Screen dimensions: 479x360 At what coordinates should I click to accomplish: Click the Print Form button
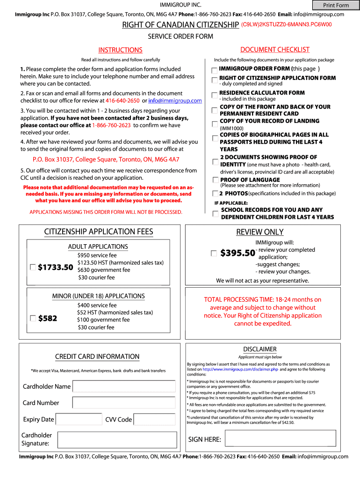(336, 5)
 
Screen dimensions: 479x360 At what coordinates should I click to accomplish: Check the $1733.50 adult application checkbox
(33, 267)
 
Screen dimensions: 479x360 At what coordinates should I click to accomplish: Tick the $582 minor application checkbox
(33, 318)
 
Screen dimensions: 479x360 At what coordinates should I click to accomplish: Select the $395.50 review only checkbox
(214, 253)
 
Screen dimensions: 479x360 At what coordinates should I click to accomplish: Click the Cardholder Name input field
(124, 386)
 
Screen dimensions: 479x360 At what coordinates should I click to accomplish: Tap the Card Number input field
(124, 403)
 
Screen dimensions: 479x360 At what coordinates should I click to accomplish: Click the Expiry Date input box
(79, 420)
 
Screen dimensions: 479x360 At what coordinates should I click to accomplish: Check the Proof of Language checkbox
(215, 180)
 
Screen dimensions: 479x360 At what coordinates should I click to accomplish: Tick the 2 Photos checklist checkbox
(215, 193)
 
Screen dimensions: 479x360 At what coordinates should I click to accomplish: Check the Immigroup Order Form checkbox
(214, 70)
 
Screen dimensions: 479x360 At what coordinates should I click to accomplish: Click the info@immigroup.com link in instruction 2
(175, 101)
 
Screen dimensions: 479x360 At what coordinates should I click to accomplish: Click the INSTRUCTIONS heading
(120, 50)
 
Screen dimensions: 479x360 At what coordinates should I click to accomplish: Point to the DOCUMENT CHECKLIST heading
(274, 50)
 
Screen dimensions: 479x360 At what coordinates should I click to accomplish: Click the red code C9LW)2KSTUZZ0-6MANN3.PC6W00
(286, 24)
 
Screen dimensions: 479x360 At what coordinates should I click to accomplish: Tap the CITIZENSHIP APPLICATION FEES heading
(99, 232)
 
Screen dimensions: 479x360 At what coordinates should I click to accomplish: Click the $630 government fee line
(104, 270)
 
